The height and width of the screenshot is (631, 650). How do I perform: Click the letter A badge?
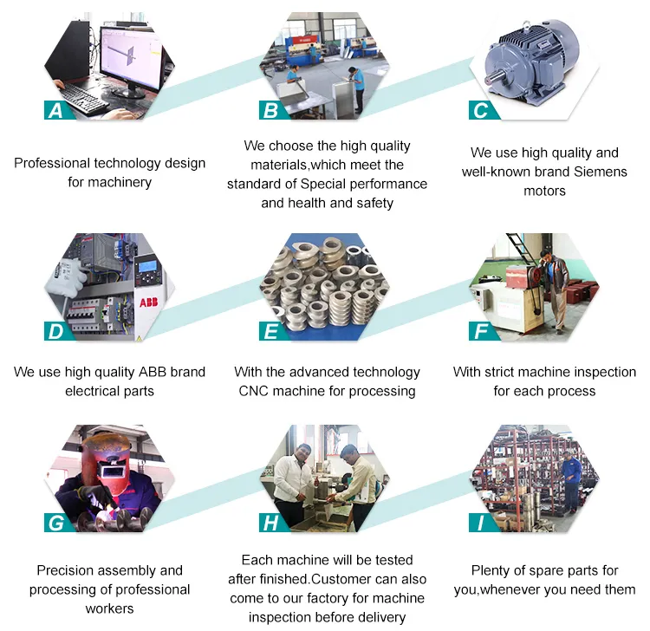57,110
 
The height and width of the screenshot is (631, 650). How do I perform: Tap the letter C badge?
482,110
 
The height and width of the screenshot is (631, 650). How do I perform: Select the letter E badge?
272,331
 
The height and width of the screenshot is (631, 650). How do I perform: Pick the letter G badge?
57,523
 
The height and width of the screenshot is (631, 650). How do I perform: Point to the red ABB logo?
148,302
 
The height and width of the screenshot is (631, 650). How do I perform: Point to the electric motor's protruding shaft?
497,76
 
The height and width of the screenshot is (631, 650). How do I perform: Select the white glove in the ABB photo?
68,276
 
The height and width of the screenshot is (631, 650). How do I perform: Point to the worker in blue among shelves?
572,480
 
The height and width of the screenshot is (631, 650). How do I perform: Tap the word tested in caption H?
393,560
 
